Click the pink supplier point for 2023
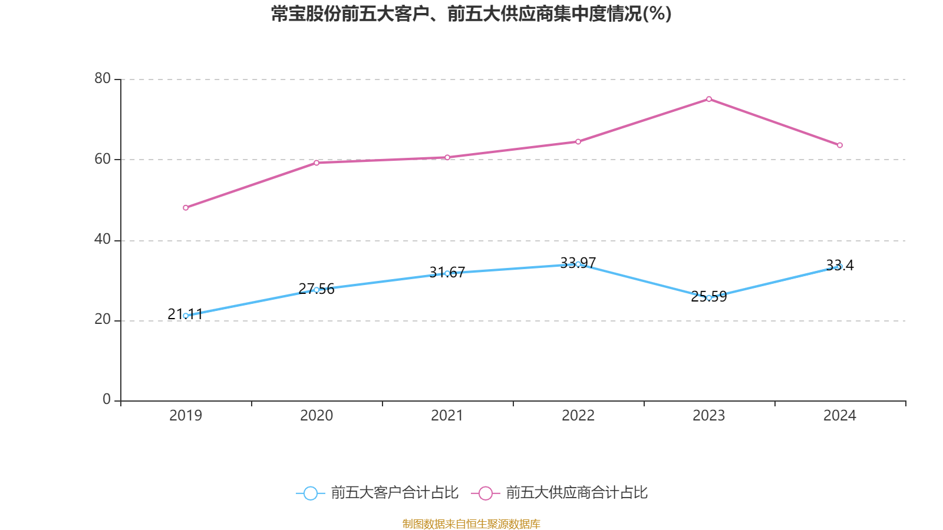(x=709, y=99)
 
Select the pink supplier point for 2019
(x=186, y=208)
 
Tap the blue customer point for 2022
(x=578, y=264)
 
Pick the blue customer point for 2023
(x=709, y=298)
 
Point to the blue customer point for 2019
(x=186, y=316)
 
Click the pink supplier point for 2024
(x=840, y=145)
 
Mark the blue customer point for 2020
(x=316, y=290)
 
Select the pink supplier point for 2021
(x=447, y=158)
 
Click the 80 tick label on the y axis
(x=103, y=78)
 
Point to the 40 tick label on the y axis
(x=103, y=239)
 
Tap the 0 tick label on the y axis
(x=107, y=400)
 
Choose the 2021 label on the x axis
(x=447, y=416)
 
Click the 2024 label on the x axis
(x=840, y=416)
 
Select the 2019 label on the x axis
(x=186, y=416)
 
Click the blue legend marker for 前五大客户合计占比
(x=310, y=493)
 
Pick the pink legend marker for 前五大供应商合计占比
(x=485, y=493)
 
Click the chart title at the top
(x=471, y=14)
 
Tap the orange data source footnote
(x=471, y=524)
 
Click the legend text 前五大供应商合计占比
(x=576, y=493)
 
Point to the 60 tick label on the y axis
(x=103, y=159)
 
